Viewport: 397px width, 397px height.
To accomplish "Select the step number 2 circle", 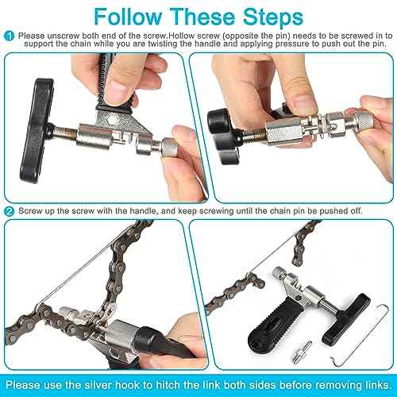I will tap(8, 211).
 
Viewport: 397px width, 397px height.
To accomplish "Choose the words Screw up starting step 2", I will tap(37, 211).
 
